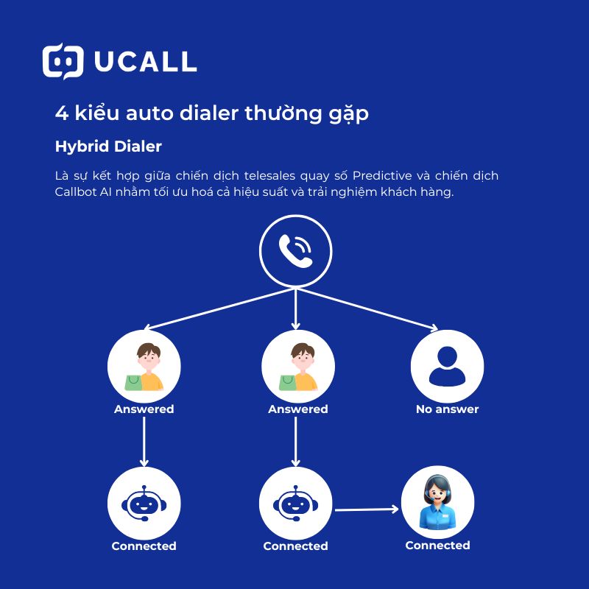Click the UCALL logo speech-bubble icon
coord(63,61)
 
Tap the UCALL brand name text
coord(145,62)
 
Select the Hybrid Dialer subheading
coord(108,147)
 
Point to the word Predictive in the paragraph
coord(382,176)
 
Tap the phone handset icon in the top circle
coord(295,250)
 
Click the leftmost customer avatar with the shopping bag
coord(144,366)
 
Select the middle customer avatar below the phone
coord(297,366)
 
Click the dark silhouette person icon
coord(447,365)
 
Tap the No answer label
coord(447,409)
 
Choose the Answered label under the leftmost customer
coord(144,409)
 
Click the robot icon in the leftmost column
coord(144,504)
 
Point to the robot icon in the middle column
coord(295,504)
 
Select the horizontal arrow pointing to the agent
coord(366,509)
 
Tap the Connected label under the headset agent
coord(437,546)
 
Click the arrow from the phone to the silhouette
coord(368,308)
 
